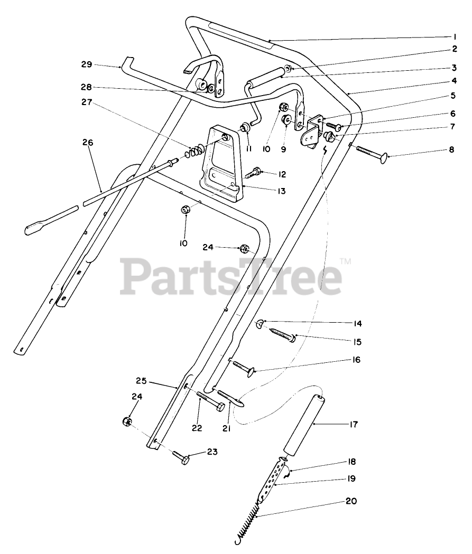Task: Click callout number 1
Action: (x=454, y=37)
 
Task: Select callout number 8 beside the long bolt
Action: (x=451, y=150)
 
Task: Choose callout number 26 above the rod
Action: (x=87, y=142)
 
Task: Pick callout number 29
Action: (x=87, y=64)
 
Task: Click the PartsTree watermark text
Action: (x=232, y=275)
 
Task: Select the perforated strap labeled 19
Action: (x=271, y=478)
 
